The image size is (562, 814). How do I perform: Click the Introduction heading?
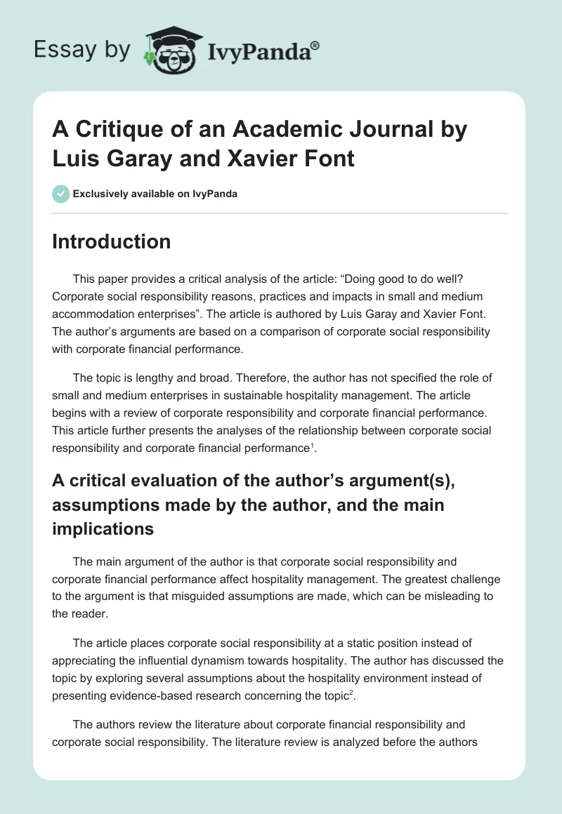[112, 241]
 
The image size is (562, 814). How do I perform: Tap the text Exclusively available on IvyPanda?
[154, 194]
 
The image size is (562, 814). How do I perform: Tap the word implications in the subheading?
[103, 528]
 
